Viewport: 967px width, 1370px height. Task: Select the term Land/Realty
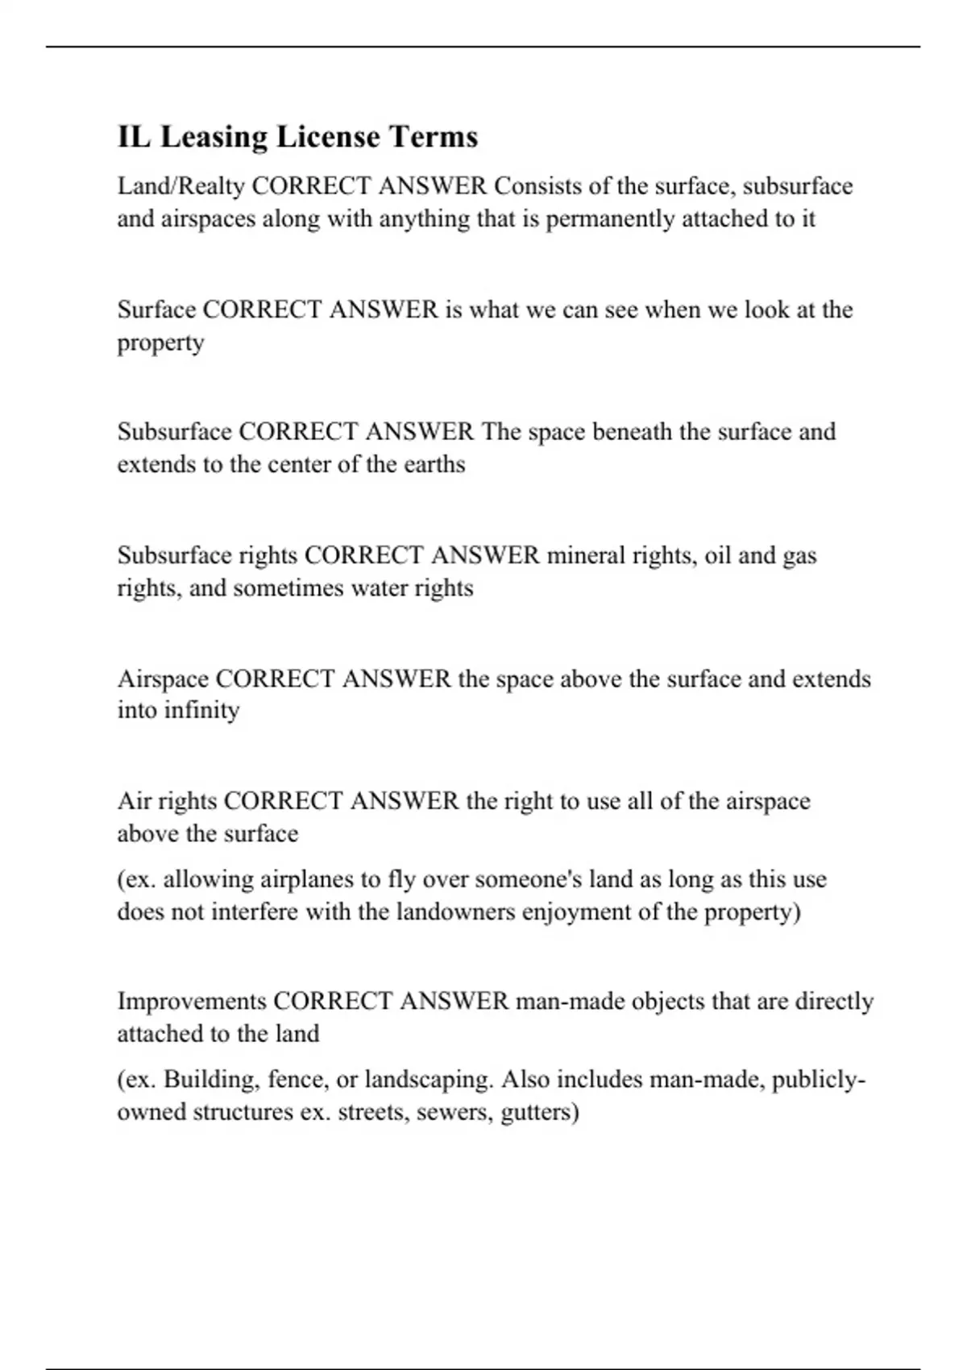tap(181, 187)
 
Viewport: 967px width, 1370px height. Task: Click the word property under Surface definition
tap(160, 344)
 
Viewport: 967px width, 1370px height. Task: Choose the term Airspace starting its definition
tap(164, 679)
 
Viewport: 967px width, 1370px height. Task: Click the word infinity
tap(201, 711)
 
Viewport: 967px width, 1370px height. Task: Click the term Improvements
tap(192, 1002)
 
